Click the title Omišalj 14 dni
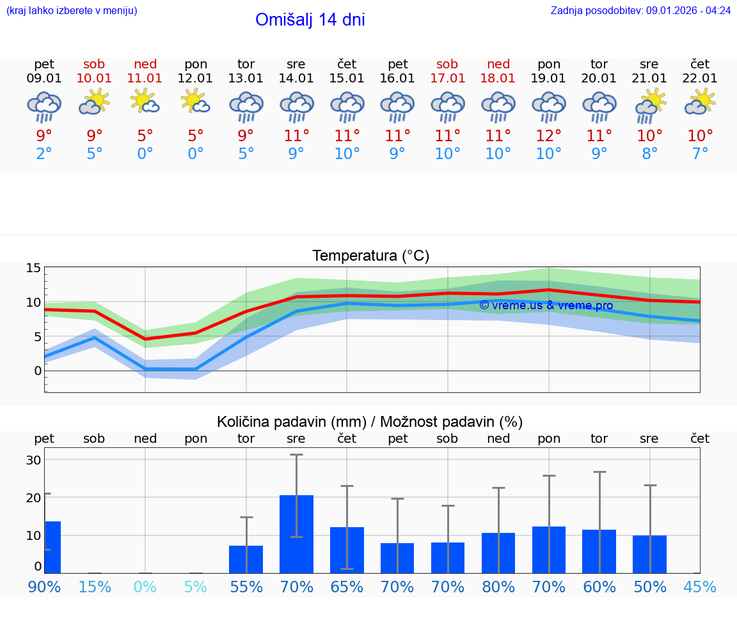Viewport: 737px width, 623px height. point(310,20)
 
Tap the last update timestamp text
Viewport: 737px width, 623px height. point(640,10)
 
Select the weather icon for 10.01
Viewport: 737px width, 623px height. point(94,102)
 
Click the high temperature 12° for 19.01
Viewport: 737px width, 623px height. point(548,136)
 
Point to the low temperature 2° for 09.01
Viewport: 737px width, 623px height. point(44,154)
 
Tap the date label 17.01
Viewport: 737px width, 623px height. point(447,78)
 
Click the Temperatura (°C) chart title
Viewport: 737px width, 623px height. point(370,256)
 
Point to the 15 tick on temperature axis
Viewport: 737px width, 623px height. point(33,268)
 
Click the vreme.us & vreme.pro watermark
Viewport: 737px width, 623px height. point(546,305)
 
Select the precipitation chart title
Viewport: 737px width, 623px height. point(370,422)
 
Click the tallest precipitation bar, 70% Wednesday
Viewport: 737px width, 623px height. point(296,534)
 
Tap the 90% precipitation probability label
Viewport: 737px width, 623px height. point(44,587)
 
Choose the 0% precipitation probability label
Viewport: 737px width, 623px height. point(145,587)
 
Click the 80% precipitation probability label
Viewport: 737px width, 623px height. point(498,587)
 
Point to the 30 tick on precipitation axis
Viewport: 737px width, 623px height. point(33,460)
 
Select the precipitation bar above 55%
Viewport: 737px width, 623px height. point(246,559)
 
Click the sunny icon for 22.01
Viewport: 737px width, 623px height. point(700,102)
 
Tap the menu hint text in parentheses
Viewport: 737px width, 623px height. point(72,10)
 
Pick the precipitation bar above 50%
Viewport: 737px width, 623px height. point(649,554)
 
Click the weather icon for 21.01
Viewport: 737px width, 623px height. point(649,104)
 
